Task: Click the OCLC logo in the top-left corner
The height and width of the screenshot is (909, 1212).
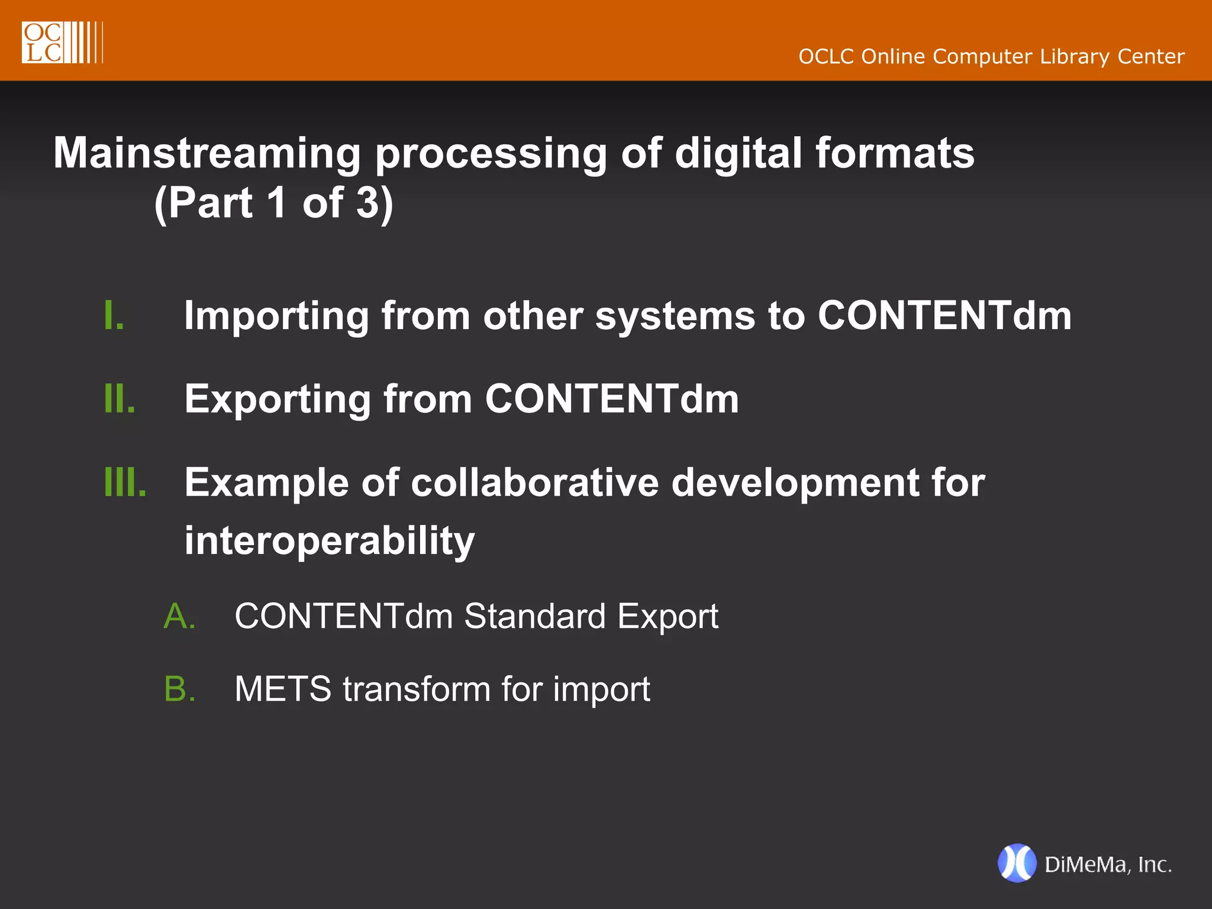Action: click(x=62, y=42)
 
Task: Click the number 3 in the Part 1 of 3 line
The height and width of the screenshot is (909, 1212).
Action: click(x=367, y=202)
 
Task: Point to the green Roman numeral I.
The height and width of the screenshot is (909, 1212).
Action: click(x=114, y=315)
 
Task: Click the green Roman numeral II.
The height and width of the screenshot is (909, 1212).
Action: click(x=120, y=399)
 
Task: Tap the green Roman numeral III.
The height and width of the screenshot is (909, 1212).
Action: click(x=125, y=482)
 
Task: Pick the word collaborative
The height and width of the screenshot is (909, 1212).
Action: click(x=534, y=482)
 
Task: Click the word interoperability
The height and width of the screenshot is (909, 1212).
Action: click(x=330, y=540)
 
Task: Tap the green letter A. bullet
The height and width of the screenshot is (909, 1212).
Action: click(x=179, y=616)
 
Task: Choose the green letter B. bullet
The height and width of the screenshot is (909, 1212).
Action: click(x=179, y=689)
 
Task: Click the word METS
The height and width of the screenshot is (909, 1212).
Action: click(x=283, y=689)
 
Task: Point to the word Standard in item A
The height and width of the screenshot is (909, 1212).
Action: click(x=534, y=616)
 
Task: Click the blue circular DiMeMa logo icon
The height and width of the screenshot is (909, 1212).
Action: click(x=1017, y=863)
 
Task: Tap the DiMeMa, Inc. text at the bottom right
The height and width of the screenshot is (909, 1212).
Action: click(x=1108, y=865)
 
